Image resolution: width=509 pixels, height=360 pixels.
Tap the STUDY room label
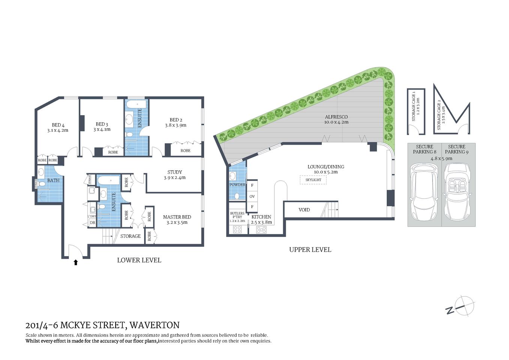click(175, 172)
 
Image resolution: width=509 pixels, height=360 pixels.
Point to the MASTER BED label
click(177, 217)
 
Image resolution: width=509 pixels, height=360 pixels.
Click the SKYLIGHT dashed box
click(313, 180)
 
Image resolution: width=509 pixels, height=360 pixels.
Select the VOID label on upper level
click(304, 210)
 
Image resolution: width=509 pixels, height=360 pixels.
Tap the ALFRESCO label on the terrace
click(336, 117)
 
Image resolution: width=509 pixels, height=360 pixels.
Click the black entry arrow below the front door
click(76, 262)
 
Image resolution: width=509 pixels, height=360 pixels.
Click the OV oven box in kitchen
click(252, 196)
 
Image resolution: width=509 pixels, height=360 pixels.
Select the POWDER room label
click(237, 185)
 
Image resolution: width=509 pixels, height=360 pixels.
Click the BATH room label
click(53, 180)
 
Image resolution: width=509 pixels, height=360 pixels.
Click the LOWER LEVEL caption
click(139, 260)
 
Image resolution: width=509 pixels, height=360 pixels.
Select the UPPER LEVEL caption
click(310, 250)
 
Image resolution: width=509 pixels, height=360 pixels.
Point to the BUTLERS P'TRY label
click(237, 215)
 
